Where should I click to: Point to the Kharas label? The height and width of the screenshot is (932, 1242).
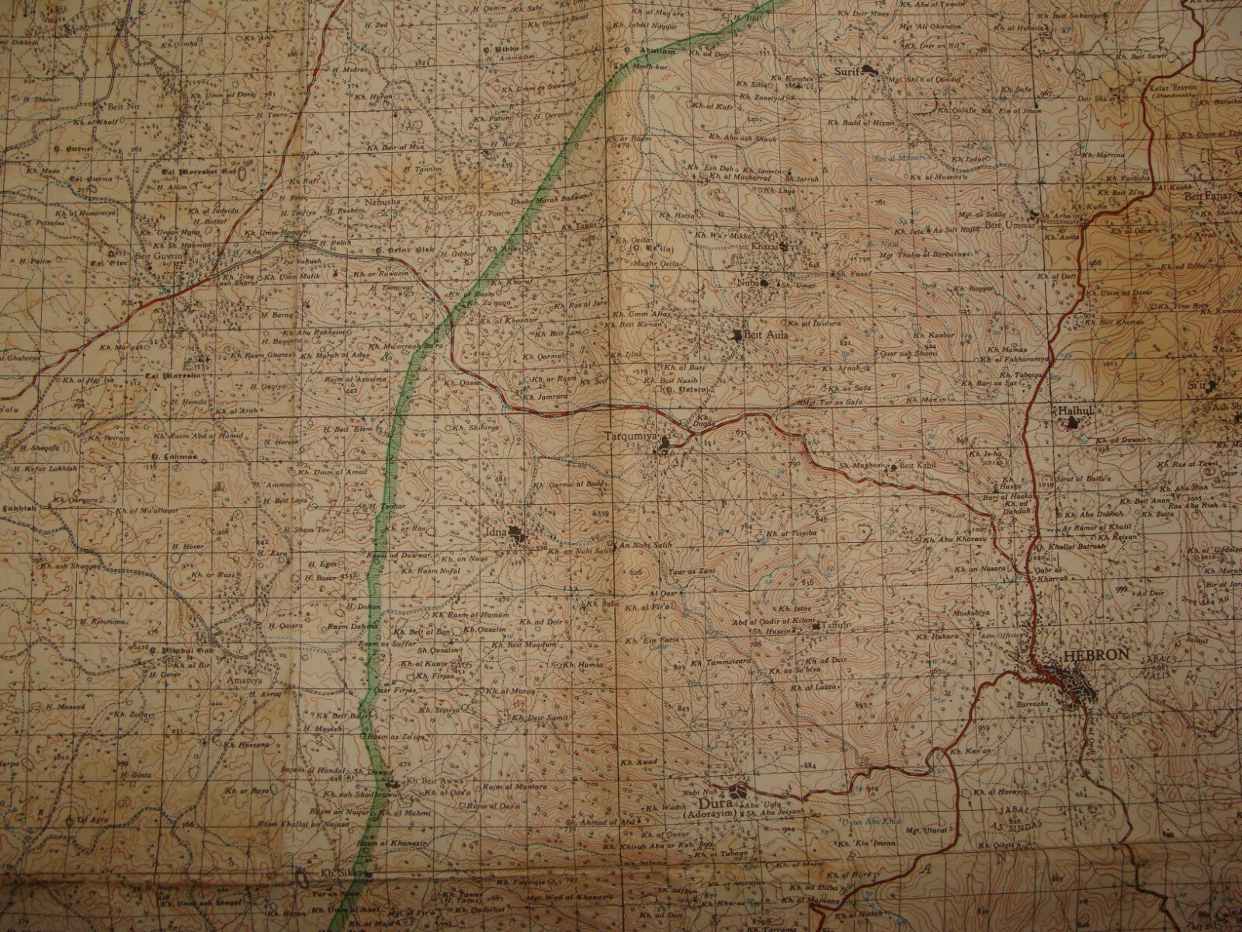(x=763, y=246)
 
